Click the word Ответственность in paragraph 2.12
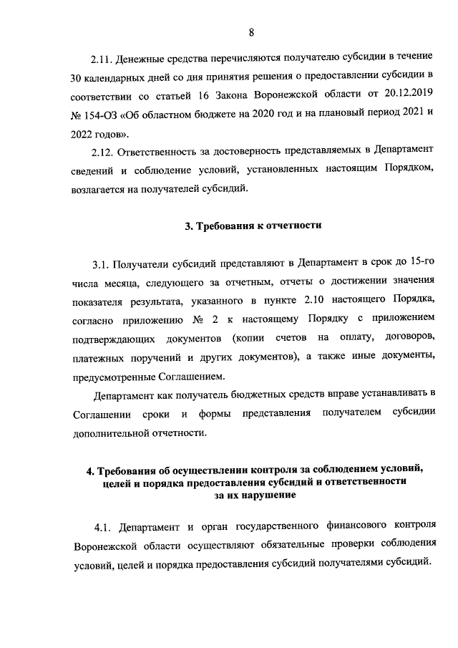(167, 152)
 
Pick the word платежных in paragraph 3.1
(103, 357)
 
